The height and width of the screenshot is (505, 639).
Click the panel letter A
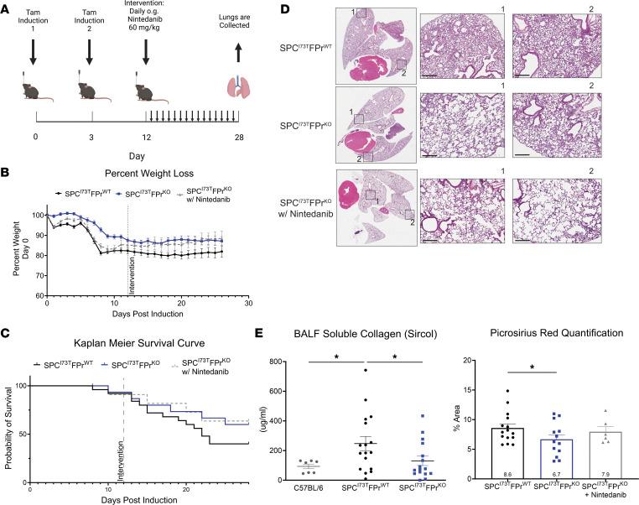[x=7, y=9]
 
